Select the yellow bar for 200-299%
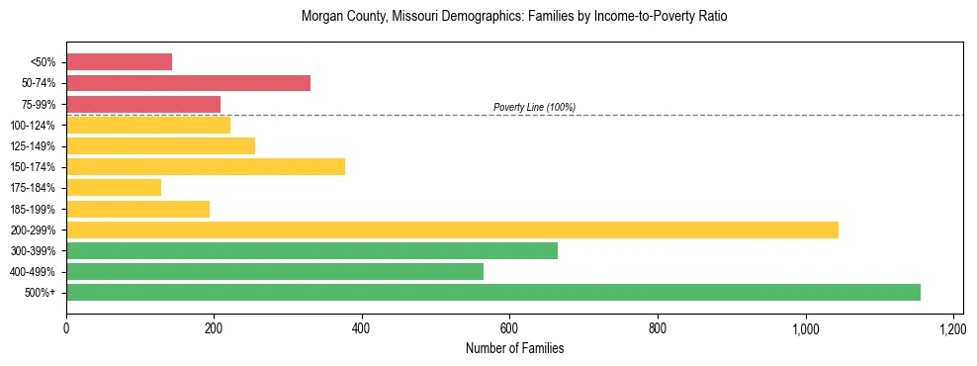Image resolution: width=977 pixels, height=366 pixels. (x=452, y=229)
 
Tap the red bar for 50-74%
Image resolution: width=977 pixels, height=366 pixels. (x=188, y=83)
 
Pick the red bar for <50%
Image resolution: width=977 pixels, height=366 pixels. (x=119, y=62)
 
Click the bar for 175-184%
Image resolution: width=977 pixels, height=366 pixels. (x=114, y=188)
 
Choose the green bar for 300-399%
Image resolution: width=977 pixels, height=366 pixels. (x=311, y=250)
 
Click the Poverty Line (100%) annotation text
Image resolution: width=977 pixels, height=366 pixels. (x=534, y=107)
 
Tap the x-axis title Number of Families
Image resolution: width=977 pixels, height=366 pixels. (x=514, y=348)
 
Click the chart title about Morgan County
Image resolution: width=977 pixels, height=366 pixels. (x=514, y=17)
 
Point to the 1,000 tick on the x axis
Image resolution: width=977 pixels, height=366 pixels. (x=805, y=327)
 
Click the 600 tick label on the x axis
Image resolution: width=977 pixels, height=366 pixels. (x=509, y=327)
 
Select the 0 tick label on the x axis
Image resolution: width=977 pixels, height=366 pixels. (x=66, y=327)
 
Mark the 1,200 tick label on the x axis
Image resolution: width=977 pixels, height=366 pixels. (x=952, y=327)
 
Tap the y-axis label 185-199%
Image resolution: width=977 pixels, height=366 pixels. (x=35, y=209)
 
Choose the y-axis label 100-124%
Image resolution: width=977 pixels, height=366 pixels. (x=35, y=125)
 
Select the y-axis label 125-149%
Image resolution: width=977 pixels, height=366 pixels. (x=35, y=146)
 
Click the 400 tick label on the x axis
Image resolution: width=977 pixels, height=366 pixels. (x=362, y=327)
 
